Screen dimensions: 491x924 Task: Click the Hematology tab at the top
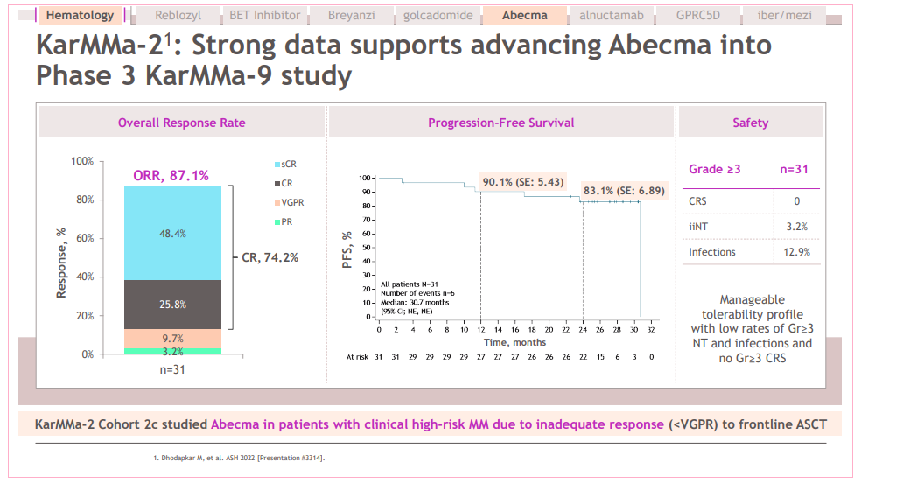80,15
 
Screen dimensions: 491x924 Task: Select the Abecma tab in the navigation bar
525,15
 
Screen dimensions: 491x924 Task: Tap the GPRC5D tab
698,15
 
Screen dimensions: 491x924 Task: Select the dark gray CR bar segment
172,305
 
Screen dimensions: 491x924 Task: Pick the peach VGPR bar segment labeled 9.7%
172,338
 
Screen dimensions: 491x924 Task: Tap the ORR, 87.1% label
171,175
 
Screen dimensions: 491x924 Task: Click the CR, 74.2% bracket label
269,257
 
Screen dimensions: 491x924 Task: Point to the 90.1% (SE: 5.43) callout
523,181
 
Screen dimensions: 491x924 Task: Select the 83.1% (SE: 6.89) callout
624,190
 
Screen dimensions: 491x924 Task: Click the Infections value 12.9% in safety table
796,252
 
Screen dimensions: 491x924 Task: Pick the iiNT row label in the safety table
697,227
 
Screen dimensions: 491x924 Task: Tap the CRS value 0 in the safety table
796,202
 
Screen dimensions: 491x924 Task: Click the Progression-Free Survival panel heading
500,123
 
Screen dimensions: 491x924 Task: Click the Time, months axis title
515,342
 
